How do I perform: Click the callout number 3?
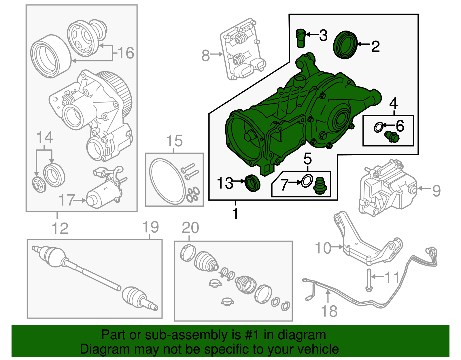[323, 35]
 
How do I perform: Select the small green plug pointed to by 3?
[300, 38]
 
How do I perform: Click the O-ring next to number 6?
[379, 127]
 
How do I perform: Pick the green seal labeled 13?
[252, 183]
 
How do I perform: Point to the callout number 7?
[284, 184]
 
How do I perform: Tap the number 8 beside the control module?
[205, 55]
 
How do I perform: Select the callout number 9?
[437, 191]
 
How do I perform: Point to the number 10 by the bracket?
[323, 248]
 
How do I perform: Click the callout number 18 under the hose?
[329, 311]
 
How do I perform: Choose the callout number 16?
[126, 53]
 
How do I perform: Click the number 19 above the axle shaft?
[151, 227]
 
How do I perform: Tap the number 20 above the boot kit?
[190, 228]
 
